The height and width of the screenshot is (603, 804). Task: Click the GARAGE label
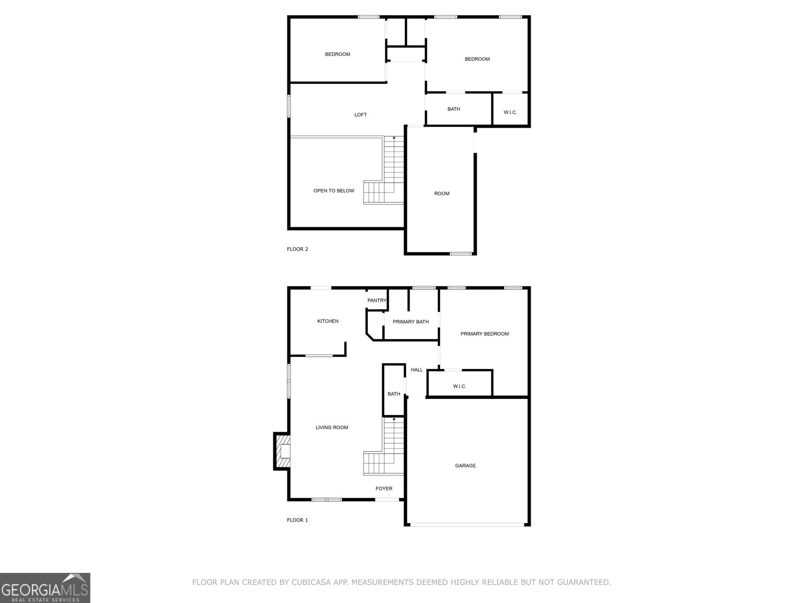tap(465, 466)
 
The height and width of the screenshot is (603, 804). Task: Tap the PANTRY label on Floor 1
tap(377, 300)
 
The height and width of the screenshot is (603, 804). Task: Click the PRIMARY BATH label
tap(411, 322)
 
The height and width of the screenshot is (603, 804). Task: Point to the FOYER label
tap(384, 488)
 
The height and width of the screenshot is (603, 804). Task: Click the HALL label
tap(417, 370)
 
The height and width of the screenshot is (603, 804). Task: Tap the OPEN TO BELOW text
tap(334, 191)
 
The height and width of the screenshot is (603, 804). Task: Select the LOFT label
tap(360, 115)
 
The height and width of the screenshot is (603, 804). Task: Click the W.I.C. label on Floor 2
tap(510, 113)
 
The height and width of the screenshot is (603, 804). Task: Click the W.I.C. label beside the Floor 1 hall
tap(459, 386)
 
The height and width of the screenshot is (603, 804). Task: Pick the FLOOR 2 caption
tap(297, 249)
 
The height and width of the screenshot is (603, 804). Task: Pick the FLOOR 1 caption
tap(297, 520)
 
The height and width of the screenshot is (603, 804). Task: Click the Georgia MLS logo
tap(45, 587)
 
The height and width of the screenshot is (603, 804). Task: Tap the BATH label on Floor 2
tap(454, 109)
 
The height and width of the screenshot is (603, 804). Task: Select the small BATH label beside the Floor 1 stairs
tap(394, 394)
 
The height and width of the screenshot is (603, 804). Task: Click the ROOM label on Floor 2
tap(442, 193)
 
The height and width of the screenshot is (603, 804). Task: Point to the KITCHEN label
tap(328, 321)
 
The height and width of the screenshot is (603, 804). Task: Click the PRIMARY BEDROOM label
tap(484, 334)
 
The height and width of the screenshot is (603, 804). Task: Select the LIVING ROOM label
tap(332, 428)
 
